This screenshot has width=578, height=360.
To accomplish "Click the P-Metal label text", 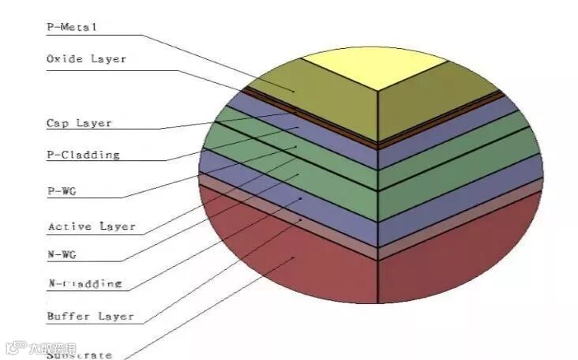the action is [x=71, y=27].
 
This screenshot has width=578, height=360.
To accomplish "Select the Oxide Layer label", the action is [x=86, y=59].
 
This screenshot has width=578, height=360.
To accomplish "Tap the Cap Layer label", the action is [x=79, y=123].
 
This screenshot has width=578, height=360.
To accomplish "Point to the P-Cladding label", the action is [x=83, y=155].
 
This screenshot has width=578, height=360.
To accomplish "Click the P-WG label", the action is [x=62, y=190].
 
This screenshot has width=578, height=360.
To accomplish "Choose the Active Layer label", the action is [x=91, y=227].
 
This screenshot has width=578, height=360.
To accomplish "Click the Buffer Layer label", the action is [x=90, y=317].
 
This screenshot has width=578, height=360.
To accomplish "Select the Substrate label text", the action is [x=79, y=354].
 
